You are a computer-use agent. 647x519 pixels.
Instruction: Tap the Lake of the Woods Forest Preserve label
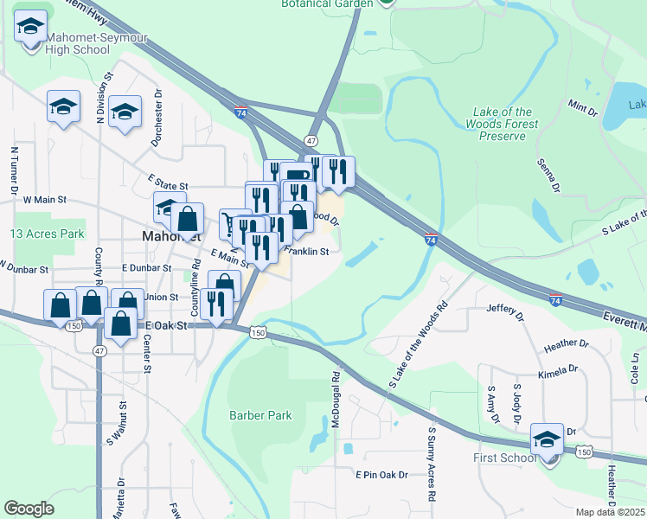(506, 124)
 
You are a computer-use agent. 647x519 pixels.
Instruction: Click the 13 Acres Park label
(48, 234)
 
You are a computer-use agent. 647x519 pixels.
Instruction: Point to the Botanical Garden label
(326, 3)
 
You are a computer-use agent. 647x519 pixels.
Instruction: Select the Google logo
(29, 509)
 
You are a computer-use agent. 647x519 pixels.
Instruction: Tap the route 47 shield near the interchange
(311, 140)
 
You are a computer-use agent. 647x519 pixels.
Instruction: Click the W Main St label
(45, 200)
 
